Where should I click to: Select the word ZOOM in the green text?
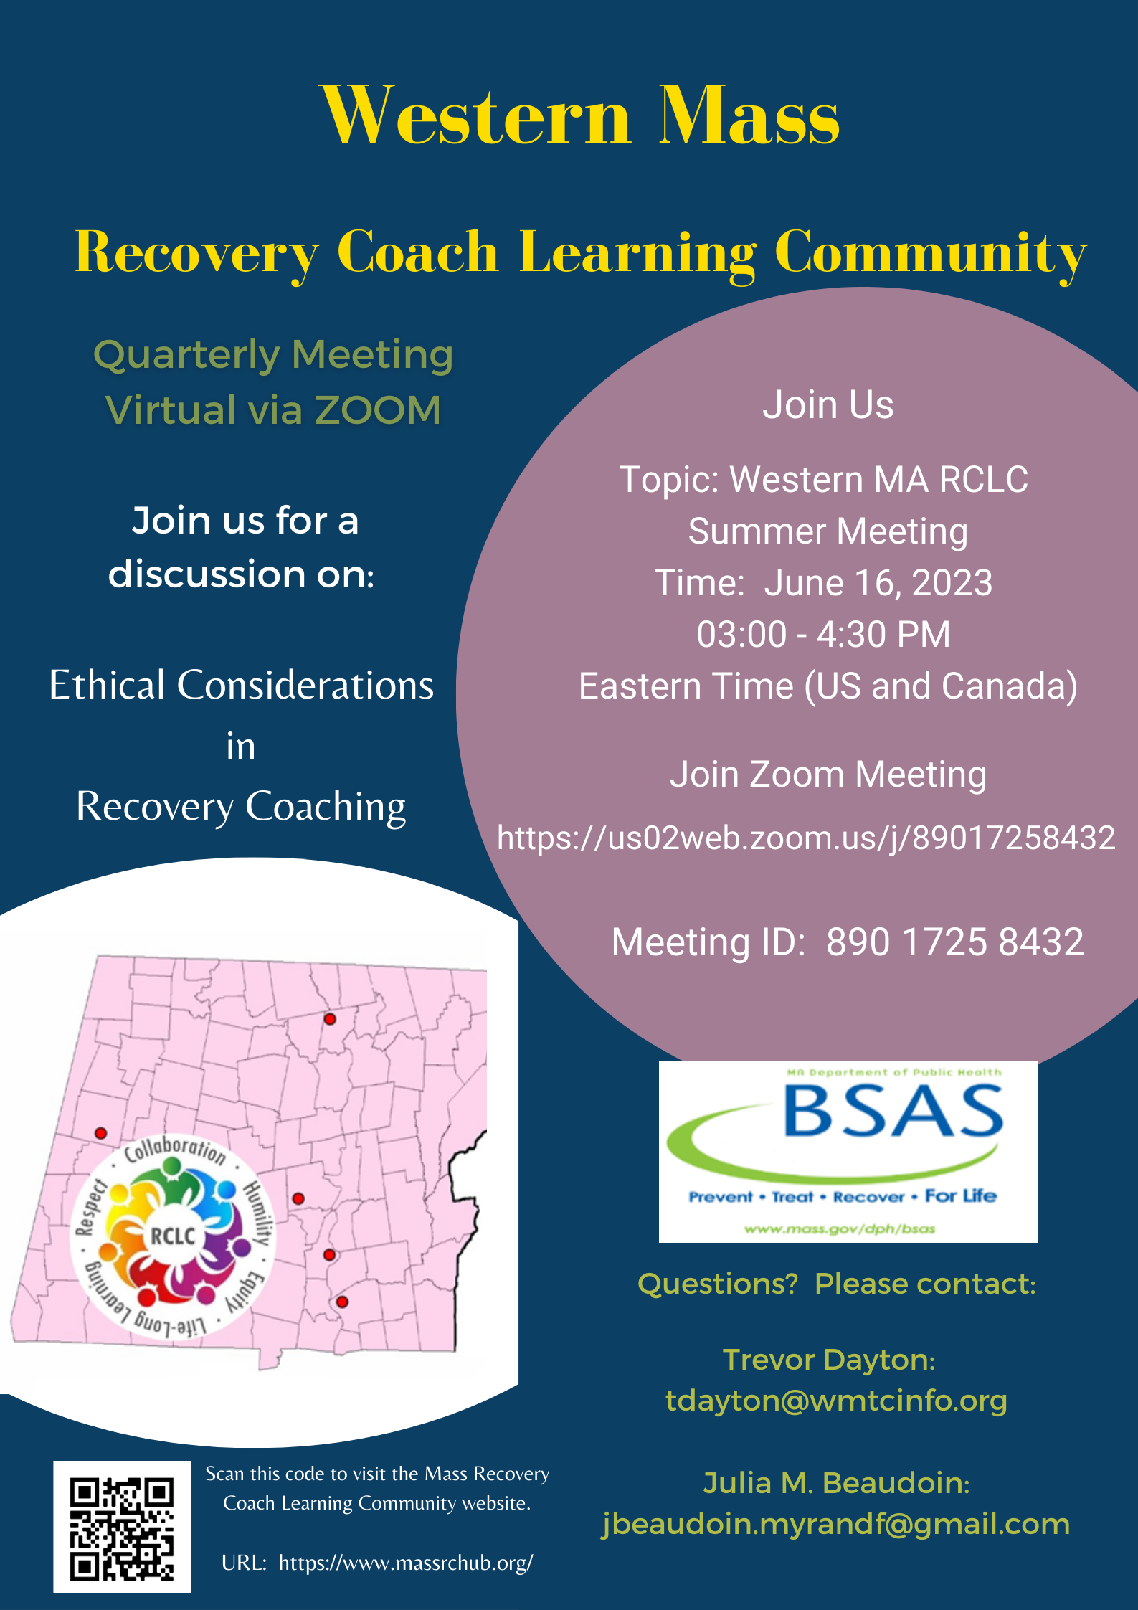[377, 410]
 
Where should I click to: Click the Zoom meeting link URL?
[806, 838]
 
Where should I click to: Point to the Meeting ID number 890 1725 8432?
[954, 942]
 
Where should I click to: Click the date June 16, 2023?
[878, 582]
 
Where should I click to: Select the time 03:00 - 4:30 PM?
[824, 634]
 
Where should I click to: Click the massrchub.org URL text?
[406, 1563]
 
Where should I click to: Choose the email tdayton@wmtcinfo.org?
[836, 1401]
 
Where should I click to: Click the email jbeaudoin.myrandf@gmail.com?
[836, 1523]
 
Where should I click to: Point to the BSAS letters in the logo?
[893, 1111]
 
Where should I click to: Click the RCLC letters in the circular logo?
[173, 1236]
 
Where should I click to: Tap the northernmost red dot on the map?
[330, 1019]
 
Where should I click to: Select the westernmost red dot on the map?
[101, 1133]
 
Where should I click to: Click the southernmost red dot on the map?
[342, 1302]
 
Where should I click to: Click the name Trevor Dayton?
[828, 1360]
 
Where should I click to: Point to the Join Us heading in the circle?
[828, 405]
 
